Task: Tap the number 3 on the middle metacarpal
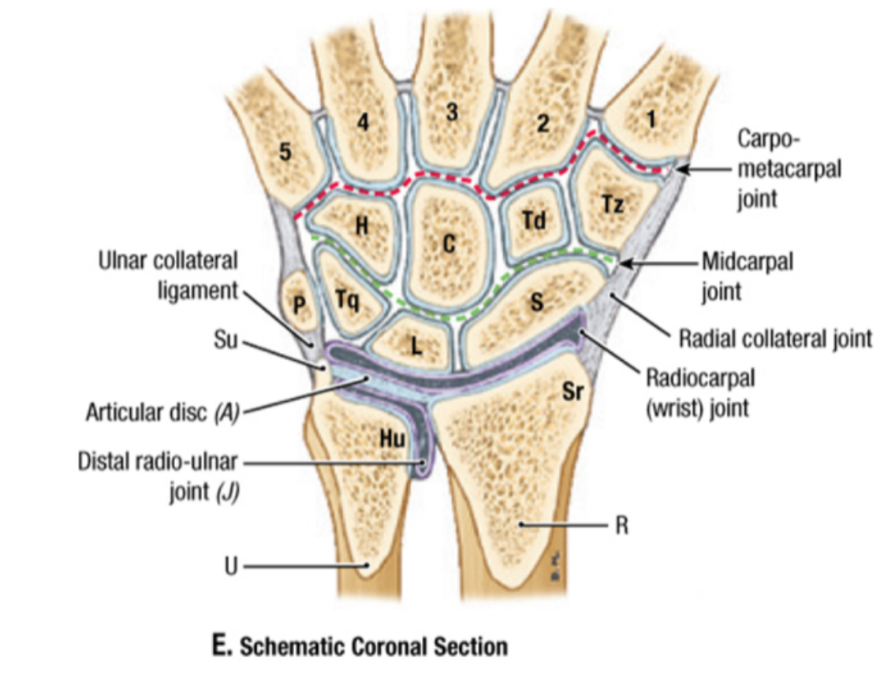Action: tap(451, 113)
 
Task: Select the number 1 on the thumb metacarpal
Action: tap(651, 118)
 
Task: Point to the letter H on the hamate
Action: tap(361, 226)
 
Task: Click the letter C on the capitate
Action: tap(448, 244)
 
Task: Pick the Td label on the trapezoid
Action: tap(534, 221)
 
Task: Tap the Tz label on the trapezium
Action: tap(613, 205)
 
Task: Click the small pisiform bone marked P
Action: tap(299, 303)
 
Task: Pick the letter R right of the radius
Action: tap(622, 525)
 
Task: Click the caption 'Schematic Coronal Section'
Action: tap(374, 647)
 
